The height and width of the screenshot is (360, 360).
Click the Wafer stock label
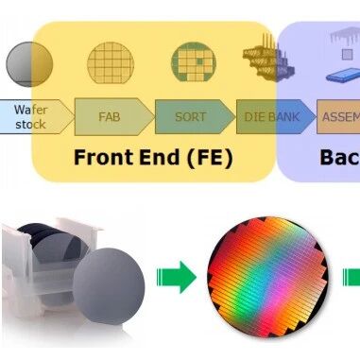coord(29,116)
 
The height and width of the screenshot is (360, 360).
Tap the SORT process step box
coord(190,116)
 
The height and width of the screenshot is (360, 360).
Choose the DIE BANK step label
coord(270,116)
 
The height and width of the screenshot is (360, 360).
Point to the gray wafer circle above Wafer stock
coord(29,64)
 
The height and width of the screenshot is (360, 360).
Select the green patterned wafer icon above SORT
coord(192,63)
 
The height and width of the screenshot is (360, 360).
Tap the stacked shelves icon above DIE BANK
coord(265,59)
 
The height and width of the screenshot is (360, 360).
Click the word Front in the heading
coord(104,155)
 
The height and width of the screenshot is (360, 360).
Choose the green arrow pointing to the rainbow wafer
coord(177,278)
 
